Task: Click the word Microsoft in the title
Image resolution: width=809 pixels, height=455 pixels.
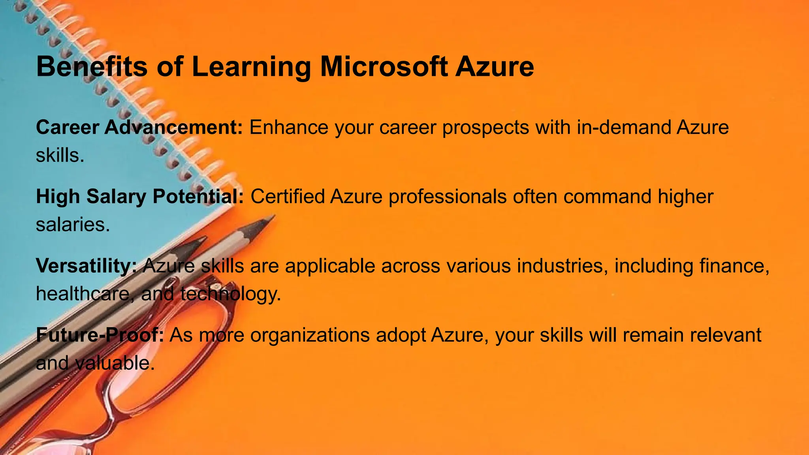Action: point(384,66)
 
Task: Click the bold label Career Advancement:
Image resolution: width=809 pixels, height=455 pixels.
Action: point(139,128)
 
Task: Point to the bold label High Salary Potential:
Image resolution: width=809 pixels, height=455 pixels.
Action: point(140,197)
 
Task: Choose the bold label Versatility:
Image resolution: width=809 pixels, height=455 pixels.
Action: point(86,266)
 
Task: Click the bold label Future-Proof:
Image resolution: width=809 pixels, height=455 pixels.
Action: point(100,335)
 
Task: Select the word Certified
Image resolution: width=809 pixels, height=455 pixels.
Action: point(288,197)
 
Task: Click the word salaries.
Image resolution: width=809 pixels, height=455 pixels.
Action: point(73,225)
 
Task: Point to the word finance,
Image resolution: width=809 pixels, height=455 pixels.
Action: point(734,266)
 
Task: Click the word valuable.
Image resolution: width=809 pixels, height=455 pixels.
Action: point(114,363)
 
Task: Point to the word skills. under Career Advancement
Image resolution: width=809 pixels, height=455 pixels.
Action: point(60,156)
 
